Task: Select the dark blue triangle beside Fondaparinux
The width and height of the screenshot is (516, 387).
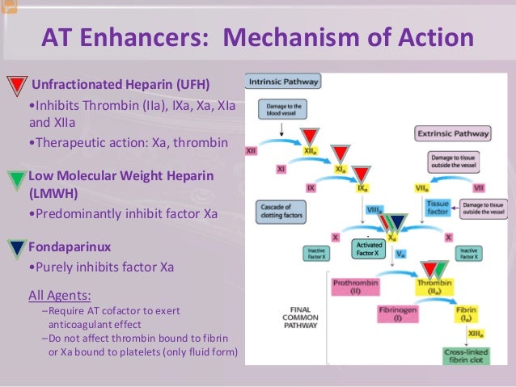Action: point(17,246)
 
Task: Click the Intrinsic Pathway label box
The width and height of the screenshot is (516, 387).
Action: point(284,82)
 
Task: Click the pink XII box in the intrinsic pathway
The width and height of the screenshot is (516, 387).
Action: point(252,151)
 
